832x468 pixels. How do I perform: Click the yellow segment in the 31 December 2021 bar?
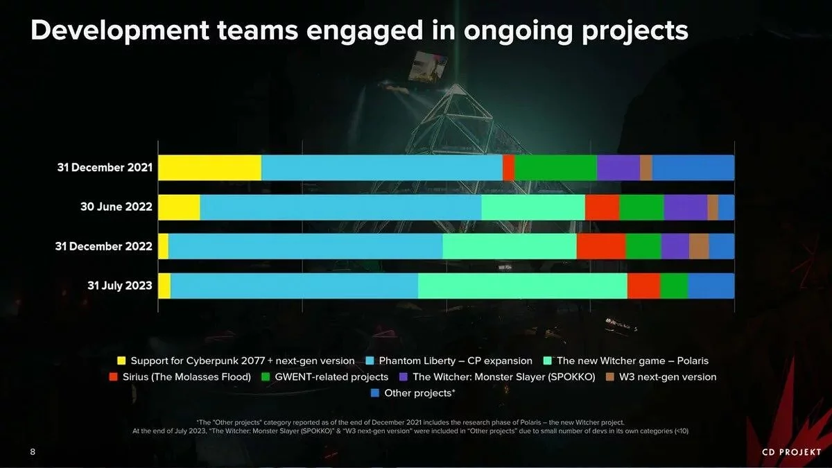[x=209, y=168]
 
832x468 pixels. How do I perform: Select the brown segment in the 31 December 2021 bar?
[x=645, y=168]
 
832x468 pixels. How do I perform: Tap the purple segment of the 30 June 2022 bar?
[x=685, y=207]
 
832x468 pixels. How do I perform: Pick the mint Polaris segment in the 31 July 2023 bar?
[x=522, y=286]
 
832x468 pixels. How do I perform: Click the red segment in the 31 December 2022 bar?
[x=600, y=246]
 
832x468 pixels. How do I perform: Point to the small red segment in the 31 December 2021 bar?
[x=508, y=168]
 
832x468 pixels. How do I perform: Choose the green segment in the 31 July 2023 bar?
[x=673, y=286]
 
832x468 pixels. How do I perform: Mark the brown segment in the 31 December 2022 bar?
[x=698, y=246]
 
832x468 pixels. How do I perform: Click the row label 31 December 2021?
[x=105, y=168]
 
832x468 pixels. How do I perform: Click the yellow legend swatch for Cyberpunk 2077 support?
[x=121, y=361]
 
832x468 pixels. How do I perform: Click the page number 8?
[x=33, y=452]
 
